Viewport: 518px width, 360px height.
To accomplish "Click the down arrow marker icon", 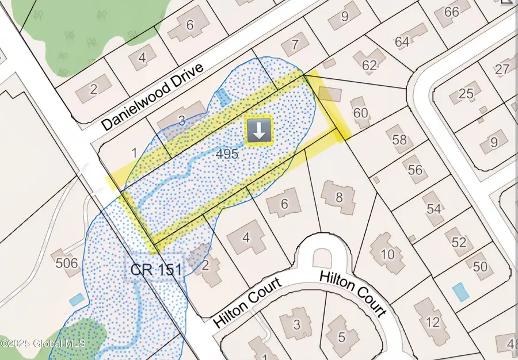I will [x=259, y=132].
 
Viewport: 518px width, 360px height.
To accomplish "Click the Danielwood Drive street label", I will [x=153, y=96].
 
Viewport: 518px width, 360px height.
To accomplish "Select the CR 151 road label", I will [x=155, y=269].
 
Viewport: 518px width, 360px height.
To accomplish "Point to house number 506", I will [x=67, y=264].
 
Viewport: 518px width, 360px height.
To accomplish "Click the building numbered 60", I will [x=361, y=113].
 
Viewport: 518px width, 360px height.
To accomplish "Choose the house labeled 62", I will [x=369, y=64].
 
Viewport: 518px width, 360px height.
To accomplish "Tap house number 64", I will [x=402, y=41].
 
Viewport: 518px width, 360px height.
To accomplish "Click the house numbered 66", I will [x=452, y=12].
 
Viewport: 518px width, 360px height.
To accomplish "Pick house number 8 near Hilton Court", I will [x=339, y=197].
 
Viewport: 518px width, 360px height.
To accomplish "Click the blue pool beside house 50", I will [x=460, y=292].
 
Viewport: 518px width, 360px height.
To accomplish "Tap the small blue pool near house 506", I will [x=75, y=300].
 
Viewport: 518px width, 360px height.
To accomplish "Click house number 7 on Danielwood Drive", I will [x=295, y=44].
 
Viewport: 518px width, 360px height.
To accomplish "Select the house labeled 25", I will [x=466, y=93].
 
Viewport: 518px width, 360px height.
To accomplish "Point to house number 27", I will [x=502, y=70].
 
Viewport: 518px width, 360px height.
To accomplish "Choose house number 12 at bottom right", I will [x=434, y=321].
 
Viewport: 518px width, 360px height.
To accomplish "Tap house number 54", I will [x=434, y=208].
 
